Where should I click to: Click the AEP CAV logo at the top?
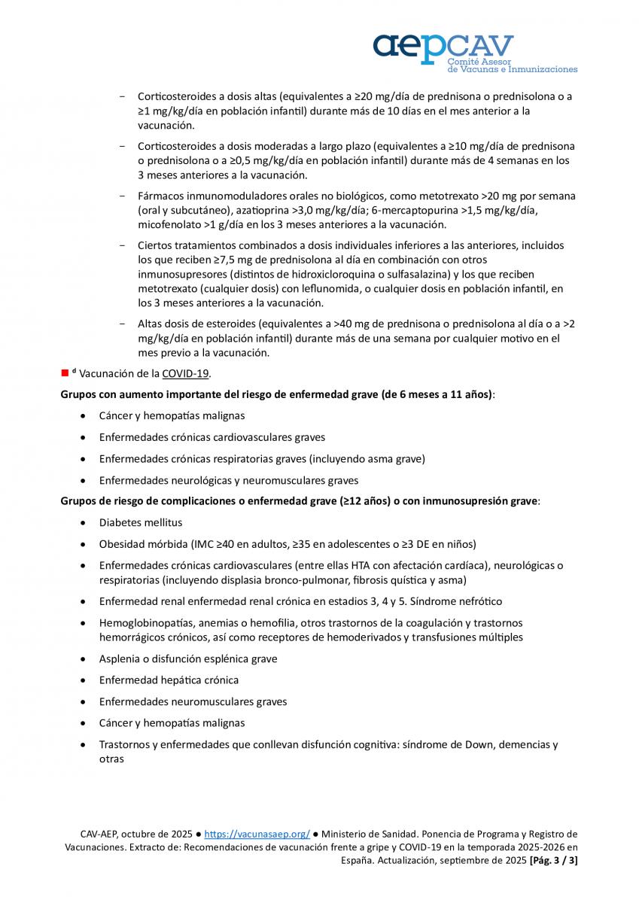pos(474,53)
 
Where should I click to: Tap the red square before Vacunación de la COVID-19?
pos(65,373)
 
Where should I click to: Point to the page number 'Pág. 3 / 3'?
pos(553,860)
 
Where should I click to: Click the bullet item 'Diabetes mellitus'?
pos(141,522)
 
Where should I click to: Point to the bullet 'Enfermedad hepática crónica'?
pos(169,680)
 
